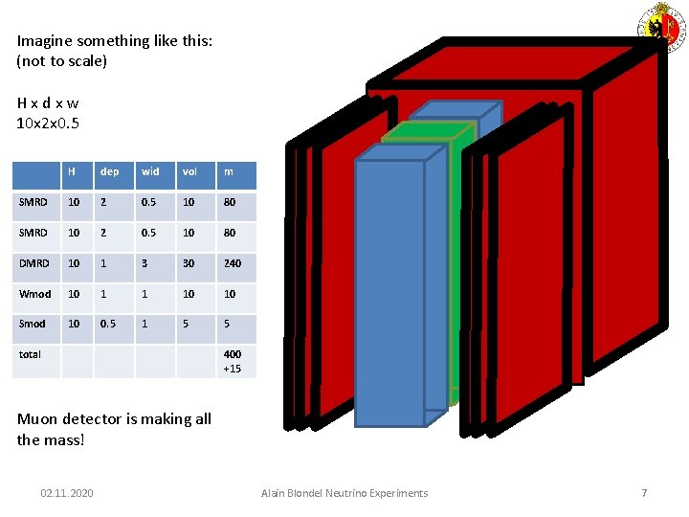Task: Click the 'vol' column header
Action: tap(189, 172)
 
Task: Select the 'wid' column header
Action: tap(150, 172)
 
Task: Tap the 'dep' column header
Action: tap(109, 172)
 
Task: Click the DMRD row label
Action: tap(33, 263)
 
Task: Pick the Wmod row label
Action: tap(35, 294)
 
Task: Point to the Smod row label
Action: tap(33, 325)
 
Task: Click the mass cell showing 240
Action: tap(233, 263)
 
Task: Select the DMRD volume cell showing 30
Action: tap(189, 263)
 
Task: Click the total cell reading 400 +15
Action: tap(233, 361)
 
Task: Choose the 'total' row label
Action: tap(31, 354)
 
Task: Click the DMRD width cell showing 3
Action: tap(144, 263)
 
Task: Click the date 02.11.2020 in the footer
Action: tap(67, 493)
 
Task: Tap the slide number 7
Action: tap(644, 493)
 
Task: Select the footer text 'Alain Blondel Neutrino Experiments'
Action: tap(344, 493)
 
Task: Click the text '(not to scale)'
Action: tap(62, 60)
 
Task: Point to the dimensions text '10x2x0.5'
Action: tap(48, 123)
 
